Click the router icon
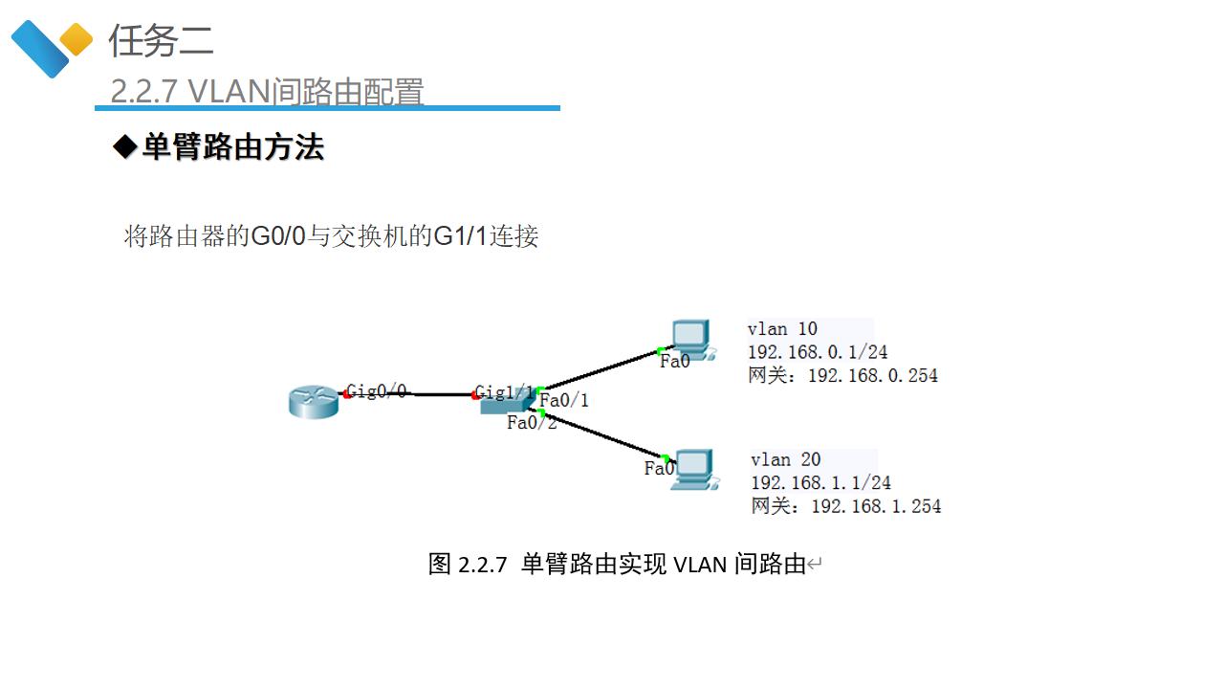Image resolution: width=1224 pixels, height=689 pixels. tap(314, 402)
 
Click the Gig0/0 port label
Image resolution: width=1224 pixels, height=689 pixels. tap(377, 390)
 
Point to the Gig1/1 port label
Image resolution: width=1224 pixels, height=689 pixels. tap(505, 392)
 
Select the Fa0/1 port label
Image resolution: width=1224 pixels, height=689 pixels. tap(564, 400)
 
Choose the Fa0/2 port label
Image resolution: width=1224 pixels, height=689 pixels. tap(532, 422)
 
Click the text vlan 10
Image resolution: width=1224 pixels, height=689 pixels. tap(782, 329)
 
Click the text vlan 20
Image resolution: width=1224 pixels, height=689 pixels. tap(785, 459)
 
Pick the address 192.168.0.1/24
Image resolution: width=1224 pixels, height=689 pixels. tap(818, 352)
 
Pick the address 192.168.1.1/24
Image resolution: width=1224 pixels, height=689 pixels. tap(820, 482)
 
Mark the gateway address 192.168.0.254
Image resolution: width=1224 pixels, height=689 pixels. tap(872, 375)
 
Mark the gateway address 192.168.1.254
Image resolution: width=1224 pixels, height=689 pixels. tap(875, 505)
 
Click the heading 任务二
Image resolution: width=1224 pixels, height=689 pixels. tap(161, 40)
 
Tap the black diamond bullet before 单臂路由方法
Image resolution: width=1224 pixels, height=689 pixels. tap(125, 147)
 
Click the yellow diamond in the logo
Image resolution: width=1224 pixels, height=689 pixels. tap(76, 40)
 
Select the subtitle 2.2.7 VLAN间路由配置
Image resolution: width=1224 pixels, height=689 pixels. tap(267, 92)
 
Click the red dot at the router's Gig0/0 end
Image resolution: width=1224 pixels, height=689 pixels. tap(346, 393)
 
